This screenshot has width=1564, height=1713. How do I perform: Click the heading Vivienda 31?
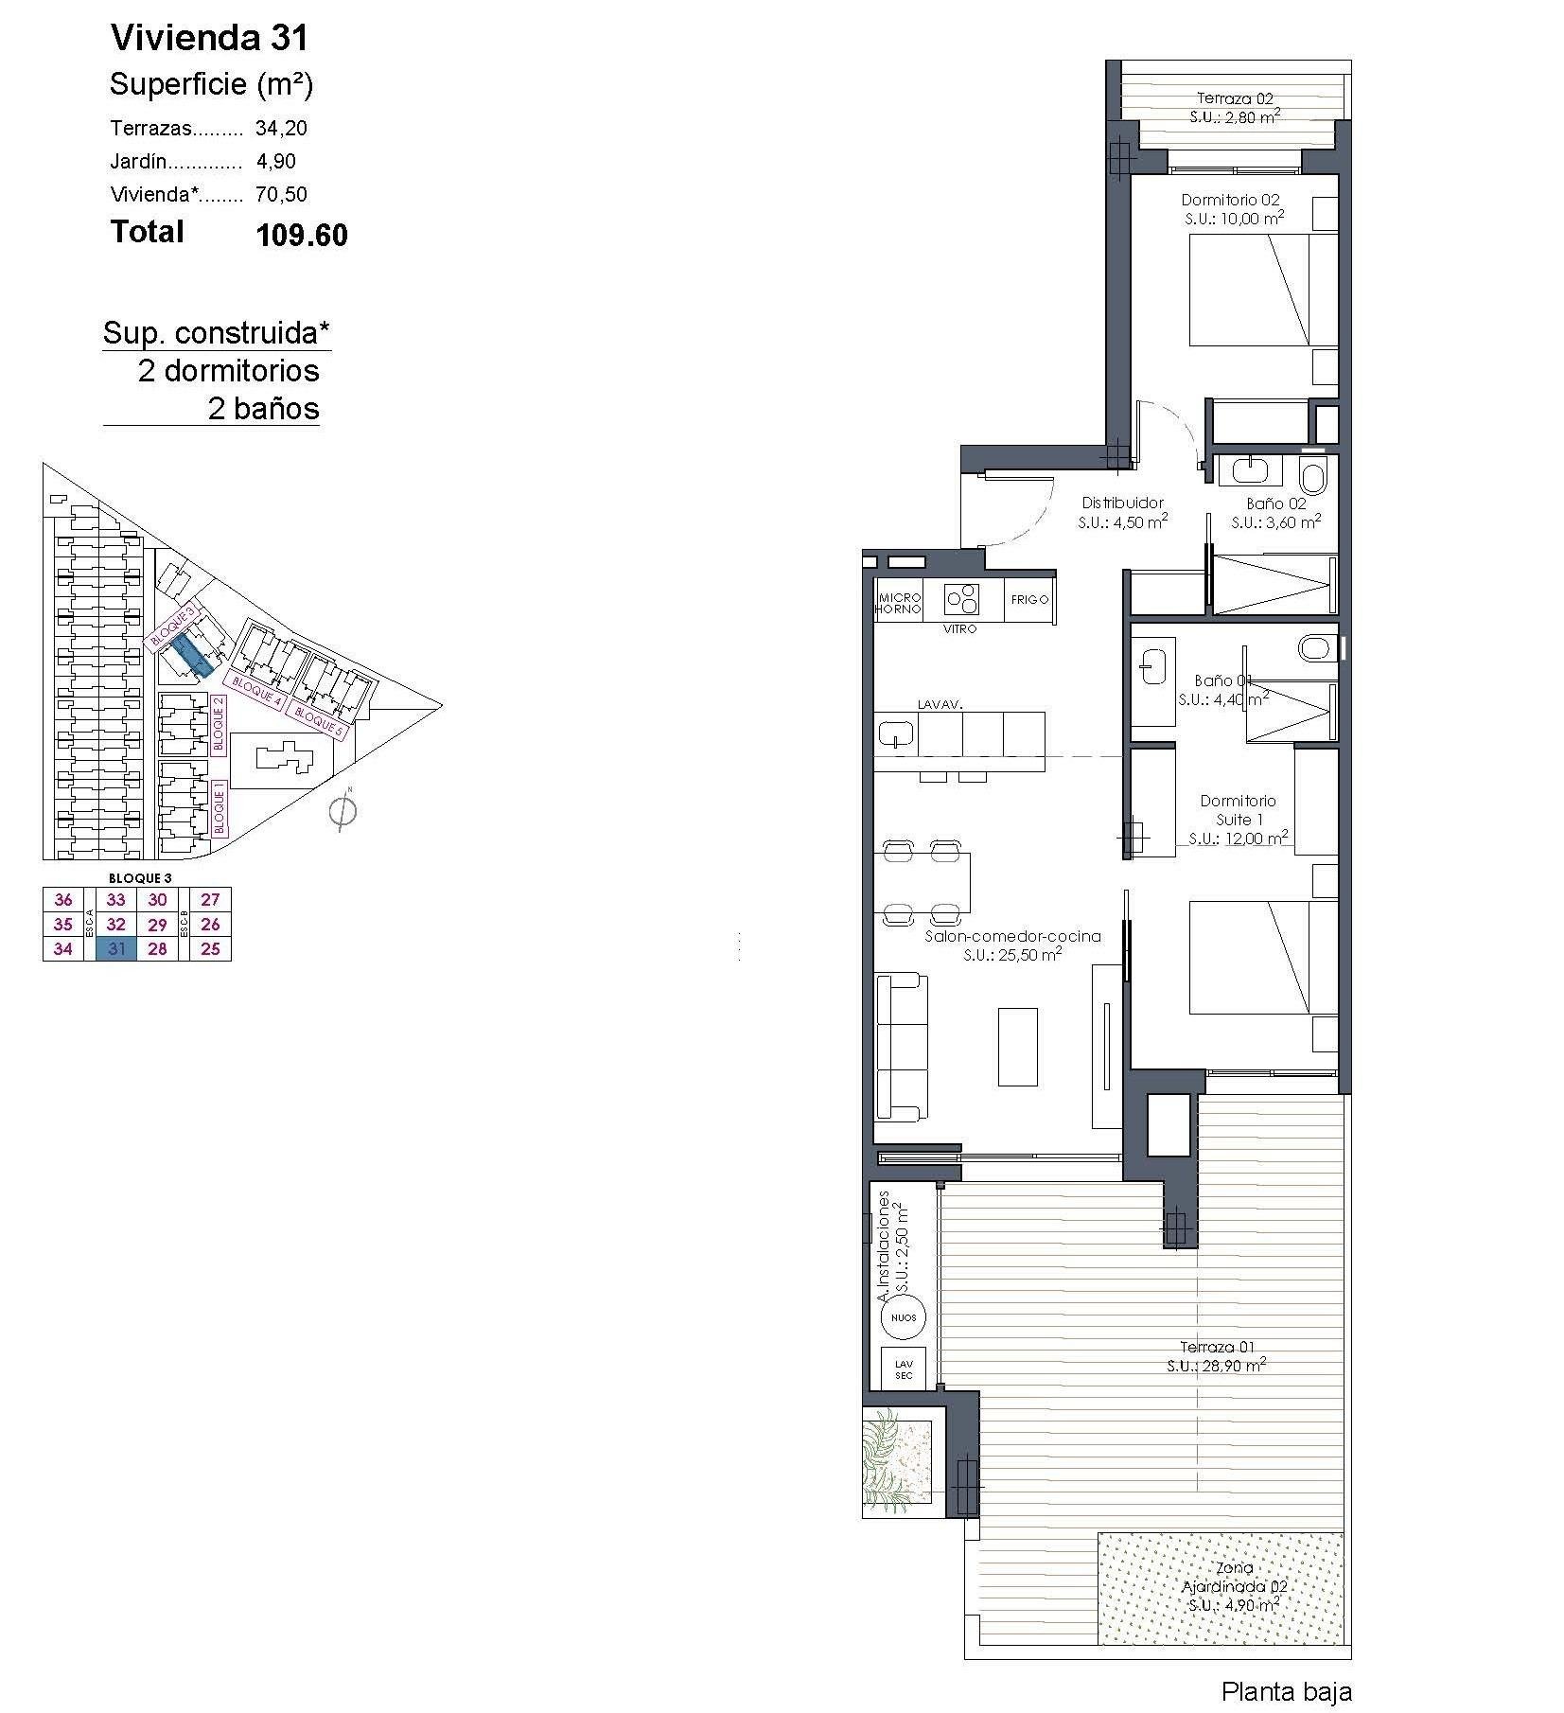[209, 38]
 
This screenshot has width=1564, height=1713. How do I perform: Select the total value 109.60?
[301, 235]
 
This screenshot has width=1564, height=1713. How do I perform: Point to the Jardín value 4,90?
[275, 161]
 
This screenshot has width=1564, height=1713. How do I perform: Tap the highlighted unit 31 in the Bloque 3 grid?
[116, 948]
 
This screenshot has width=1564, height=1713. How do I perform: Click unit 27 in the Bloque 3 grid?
[210, 899]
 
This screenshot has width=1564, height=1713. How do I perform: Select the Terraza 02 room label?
[1234, 98]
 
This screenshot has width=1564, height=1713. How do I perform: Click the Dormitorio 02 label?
[1230, 200]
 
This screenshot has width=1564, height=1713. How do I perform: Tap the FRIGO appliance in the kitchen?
[1028, 599]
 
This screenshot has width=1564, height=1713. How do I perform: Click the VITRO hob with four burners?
[961, 598]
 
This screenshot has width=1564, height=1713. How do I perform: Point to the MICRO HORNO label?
[899, 603]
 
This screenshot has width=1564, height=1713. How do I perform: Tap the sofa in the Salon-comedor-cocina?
[901, 1047]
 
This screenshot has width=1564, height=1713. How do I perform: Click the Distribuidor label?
[1122, 503]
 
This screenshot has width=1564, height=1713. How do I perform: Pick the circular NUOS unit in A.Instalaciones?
[903, 1316]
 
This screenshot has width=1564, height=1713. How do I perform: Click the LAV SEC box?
[903, 1370]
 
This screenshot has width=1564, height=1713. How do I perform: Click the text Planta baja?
[1286, 1691]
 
